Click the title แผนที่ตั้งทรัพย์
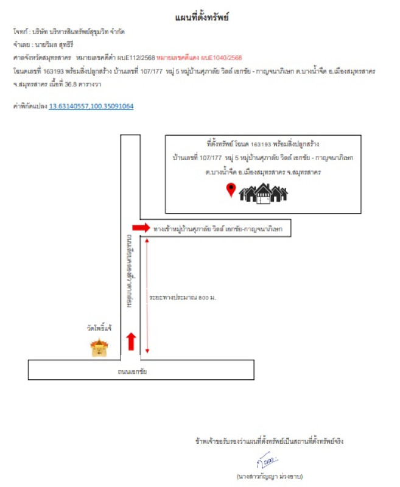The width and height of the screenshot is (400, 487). point(201,18)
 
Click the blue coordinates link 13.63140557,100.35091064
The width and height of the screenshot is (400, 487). point(91,106)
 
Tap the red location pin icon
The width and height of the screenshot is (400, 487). point(231,191)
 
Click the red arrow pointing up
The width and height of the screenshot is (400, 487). point(130,342)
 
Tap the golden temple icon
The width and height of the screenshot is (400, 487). point(99,347)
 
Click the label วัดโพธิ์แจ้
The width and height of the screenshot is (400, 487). point(99,328)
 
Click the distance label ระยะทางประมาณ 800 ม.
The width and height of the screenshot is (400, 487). point(183,298)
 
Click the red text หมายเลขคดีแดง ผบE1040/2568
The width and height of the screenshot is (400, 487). point(199,58)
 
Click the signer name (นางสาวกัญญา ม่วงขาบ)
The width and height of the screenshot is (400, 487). point(270,475)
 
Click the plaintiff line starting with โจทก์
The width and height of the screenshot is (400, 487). point(72,31)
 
